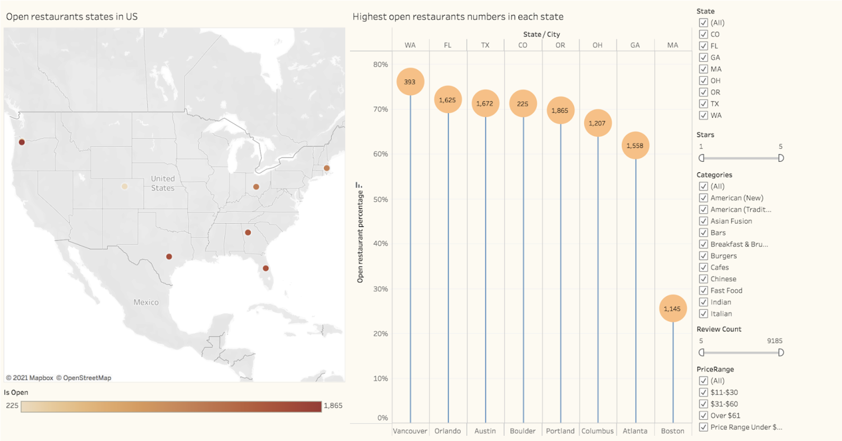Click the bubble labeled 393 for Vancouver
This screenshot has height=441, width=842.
tap(410, 81)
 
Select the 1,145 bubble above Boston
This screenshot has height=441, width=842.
tap(672, 309)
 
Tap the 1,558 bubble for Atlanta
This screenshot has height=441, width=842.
tap(635, 145)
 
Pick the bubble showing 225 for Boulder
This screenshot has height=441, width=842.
tap(523, 104)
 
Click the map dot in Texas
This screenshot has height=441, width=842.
tap(169, 256)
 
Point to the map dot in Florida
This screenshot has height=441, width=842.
tap(266, 268)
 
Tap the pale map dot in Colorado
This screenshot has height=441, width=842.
tap(124, 186)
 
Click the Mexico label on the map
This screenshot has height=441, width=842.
tap(146, 302)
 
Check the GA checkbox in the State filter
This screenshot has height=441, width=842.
tap(703, 58)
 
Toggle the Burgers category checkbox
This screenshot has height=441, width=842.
tap(703, 255)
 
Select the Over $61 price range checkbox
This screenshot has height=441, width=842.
tap(703, 416)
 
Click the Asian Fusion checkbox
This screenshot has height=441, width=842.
tap(703, 221)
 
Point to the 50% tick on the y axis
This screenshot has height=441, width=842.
tap(380, 199)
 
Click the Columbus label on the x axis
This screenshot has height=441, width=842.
tap(597, 431)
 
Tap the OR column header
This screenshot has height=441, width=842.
tap(560, 45)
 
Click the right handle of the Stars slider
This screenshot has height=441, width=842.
tap(781, 158)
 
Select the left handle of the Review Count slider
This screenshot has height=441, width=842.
tap(701, 353)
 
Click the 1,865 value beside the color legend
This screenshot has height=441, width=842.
tap(333, 406)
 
